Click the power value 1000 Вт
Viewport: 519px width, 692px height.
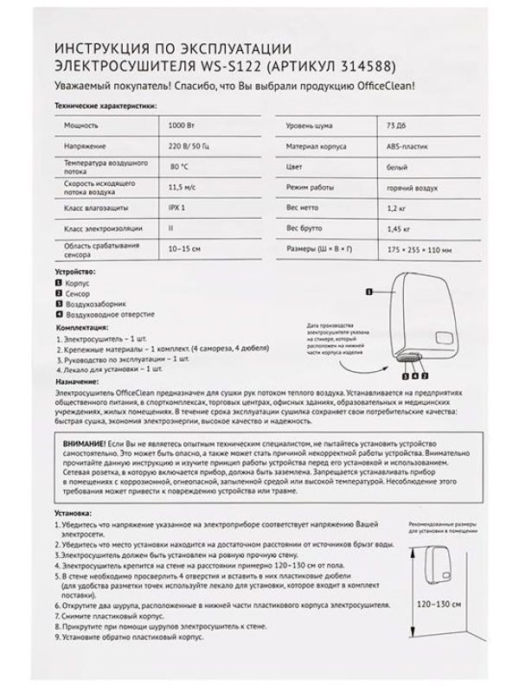182,125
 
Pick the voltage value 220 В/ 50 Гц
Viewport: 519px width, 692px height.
189,146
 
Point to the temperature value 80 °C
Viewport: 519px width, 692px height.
180,166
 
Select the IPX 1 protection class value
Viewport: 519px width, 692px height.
176,208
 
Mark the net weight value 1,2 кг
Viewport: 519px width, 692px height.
396,208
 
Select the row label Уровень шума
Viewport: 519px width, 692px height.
309,126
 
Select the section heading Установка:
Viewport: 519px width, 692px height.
75,513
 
